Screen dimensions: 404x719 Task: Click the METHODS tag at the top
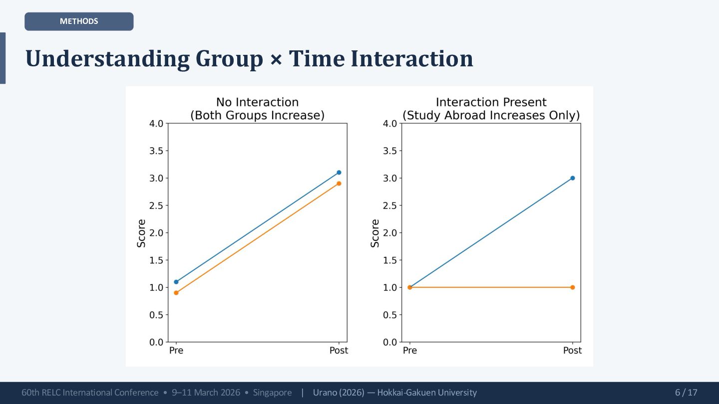pos(79,21)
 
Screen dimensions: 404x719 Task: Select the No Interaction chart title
pos(257,102)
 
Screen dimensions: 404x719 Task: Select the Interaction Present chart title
pos(491,102)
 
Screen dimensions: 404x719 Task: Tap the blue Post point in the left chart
pos(339,173)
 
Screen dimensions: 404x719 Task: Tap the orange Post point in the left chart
pos(339,184)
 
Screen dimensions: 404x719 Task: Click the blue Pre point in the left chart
pos(176,282)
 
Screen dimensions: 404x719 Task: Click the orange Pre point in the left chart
pos(176,293)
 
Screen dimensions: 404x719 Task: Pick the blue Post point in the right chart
pos(573,178)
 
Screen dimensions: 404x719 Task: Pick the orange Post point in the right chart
pos(573,287)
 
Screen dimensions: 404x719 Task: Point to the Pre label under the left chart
pos(176,351)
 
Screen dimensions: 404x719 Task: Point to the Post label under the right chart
pos(573,351)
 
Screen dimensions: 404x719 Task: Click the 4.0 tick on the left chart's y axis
pos(156,124)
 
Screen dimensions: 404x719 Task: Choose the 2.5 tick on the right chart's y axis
pos(390,205)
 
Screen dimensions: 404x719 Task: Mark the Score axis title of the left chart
pos(142,233)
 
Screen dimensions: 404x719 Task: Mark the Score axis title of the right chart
pos(375,233)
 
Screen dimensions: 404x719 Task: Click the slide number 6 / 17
pos(686,393)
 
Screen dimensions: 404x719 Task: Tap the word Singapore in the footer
pos(272,393)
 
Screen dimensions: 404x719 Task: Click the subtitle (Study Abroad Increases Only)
pos(491,116)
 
